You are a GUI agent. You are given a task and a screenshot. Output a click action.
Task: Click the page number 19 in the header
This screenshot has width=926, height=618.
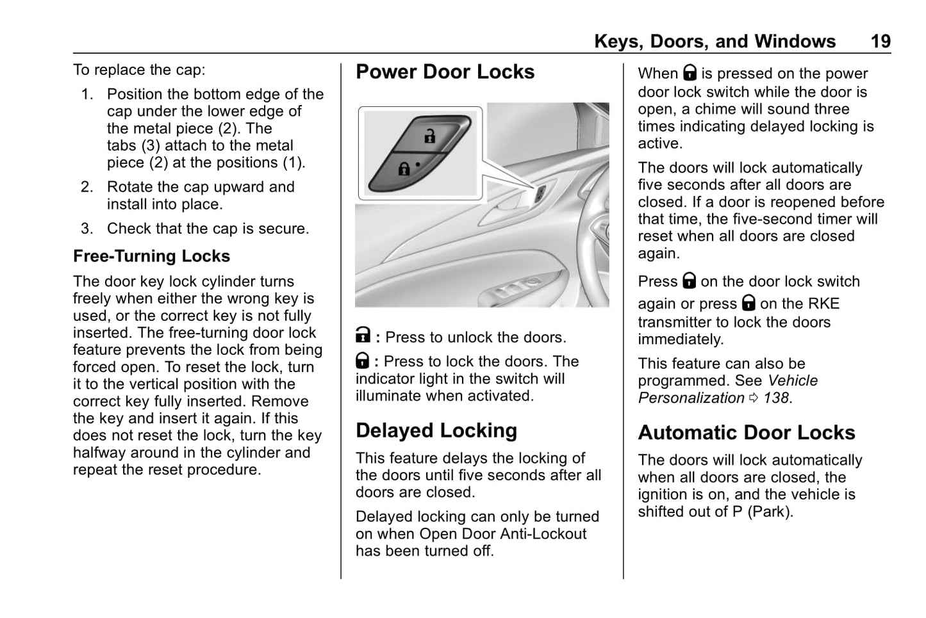pyautogui.click(x=881, y=42)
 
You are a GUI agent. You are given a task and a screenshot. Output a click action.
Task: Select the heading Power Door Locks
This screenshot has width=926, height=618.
pyautogui.click(x=445, y=72)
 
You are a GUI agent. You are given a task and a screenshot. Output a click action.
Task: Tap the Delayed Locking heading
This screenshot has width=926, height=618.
pyautogui.click(x=436, y=430)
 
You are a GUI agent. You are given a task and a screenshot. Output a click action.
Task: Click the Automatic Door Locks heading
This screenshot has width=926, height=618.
pyautogui.click(x=746, y=432)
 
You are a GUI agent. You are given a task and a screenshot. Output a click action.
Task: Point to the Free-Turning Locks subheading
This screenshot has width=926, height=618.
pyautogui.click(x=151, y=256)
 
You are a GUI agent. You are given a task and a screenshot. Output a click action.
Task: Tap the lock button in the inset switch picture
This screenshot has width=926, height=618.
pyautogui.click(x=404, y=170)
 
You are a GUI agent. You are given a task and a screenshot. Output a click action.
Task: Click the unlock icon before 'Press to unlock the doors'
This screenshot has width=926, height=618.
pyautogui.click(x=363, y=336)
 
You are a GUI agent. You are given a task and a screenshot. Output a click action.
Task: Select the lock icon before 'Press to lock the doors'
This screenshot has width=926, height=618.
pyautogui.click(x=362, y=361)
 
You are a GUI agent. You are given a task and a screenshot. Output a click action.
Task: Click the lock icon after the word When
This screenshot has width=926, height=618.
pyautogui.click(x=690, y=73)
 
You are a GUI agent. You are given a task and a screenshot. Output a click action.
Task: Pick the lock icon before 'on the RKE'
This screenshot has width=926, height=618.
pyautogui.click(x=748, y=303)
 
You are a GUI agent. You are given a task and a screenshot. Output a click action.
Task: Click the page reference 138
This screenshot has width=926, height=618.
pyautogui.click(x=776, y=398)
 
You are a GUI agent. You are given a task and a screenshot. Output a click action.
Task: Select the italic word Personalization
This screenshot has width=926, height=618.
pyautogui.click(x=691, y=398)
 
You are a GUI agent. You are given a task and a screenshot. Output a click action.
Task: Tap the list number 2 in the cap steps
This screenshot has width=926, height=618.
pyautogui.click(x=87, y=187)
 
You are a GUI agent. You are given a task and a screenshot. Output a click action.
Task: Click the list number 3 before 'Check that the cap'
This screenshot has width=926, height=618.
pyautogui.click(x=87, y=229)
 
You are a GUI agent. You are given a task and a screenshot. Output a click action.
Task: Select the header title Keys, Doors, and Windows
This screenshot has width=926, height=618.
pyautogui.click(x=715, y=42)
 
